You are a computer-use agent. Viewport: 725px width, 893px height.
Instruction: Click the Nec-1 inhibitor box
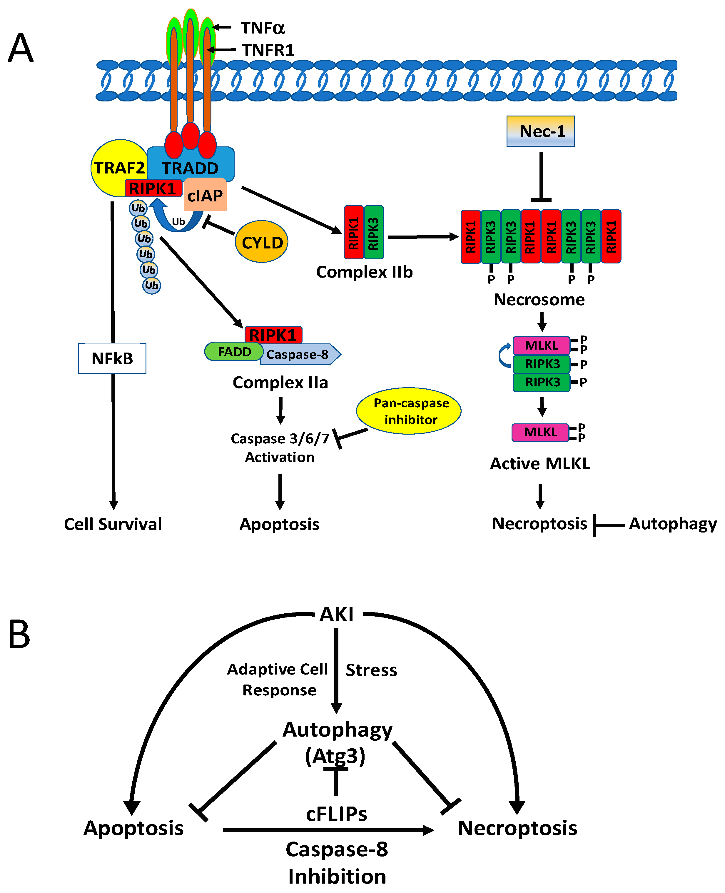point(541,131)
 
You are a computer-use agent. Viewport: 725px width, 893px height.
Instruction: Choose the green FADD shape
point(234,352)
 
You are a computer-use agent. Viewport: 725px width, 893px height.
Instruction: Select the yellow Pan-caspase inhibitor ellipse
point(409,411)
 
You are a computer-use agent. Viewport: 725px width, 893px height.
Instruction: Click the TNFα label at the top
point(263,28)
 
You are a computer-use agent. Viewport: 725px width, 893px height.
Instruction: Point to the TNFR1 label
point(268,50)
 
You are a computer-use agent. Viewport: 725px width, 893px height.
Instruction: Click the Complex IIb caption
point(365,272)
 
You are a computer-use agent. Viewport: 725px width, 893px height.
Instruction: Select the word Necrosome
point(539,299)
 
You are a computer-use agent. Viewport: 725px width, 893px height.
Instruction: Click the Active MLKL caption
point(540,464)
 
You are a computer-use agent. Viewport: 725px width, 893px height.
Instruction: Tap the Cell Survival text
point(113,524)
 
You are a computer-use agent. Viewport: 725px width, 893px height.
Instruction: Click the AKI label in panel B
point(337,615)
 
